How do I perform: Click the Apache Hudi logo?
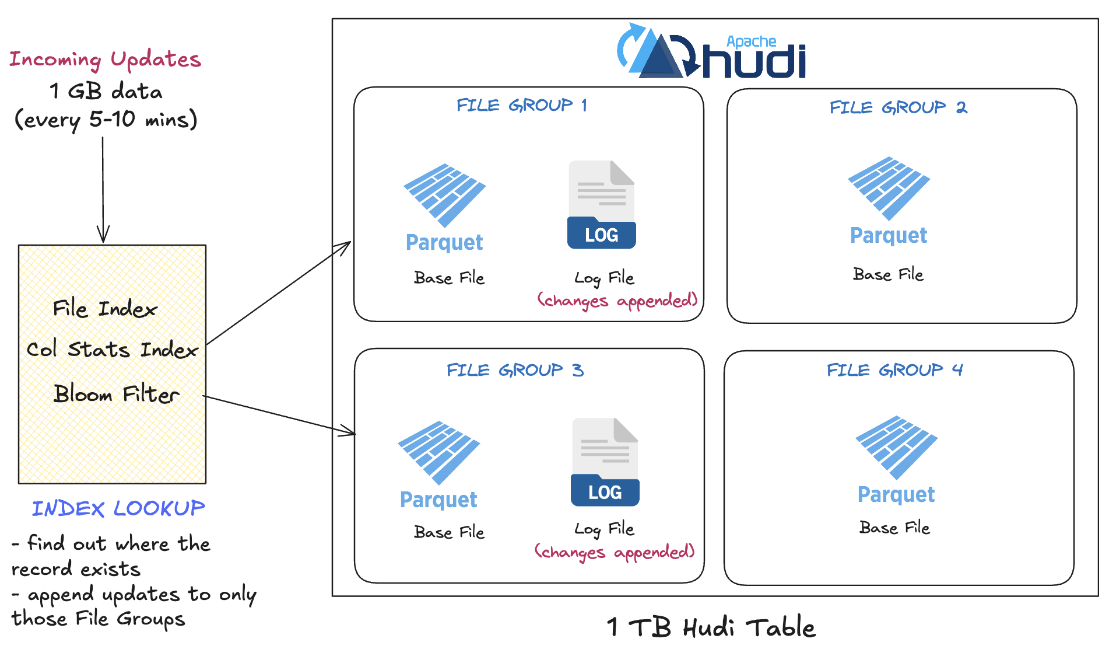[711, 53]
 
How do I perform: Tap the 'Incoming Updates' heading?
[105, 60]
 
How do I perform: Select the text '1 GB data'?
[106, 91]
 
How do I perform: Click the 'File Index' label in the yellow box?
[105, 308]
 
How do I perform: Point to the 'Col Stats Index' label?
[112, 349]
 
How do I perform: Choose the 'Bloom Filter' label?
[116, 394]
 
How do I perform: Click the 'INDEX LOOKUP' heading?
[118, 508]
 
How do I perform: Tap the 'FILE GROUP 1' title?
[522, 105]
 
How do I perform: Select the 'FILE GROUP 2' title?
[898, 107]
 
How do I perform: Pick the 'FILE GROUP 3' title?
[515, 370]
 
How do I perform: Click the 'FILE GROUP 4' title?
[894, 370]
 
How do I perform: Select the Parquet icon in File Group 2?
[889, 188]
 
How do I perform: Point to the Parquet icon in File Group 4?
[896, 447]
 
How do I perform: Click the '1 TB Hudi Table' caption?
[711, 627]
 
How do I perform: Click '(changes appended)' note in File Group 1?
[617, 301]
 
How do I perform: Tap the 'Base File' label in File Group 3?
[449, 532]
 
